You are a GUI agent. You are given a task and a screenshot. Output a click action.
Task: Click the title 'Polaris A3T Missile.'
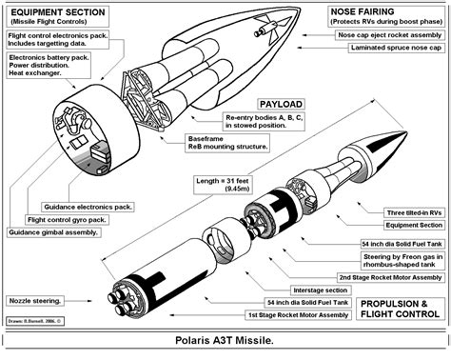(225, 340)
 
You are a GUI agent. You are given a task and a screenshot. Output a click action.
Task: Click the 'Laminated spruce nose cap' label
(382, 46)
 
